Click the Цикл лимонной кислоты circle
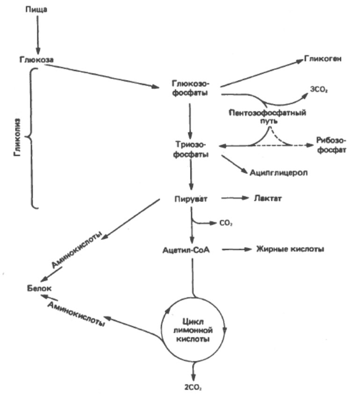pyautogui.click(x=193, y=330)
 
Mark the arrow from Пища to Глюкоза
pyautogui.click(x=37, y=34)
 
